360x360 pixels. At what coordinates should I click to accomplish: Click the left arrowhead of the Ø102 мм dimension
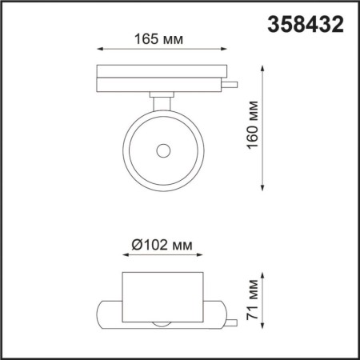pos(125,257)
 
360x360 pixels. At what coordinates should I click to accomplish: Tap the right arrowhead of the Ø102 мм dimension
pos(203,257)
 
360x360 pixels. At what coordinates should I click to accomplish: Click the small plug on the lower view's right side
pos(230,323)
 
